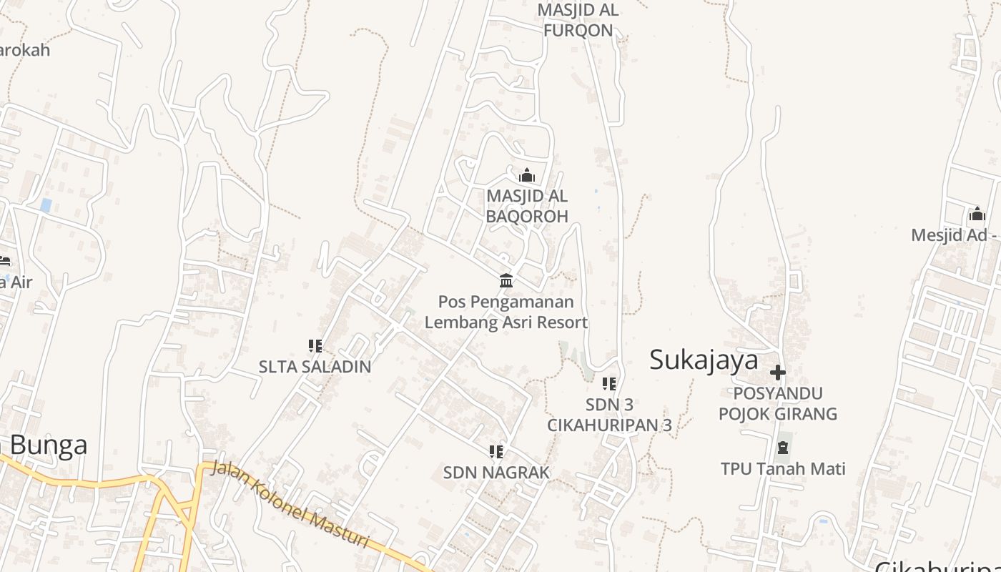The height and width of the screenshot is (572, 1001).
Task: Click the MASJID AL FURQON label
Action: click(578, 20)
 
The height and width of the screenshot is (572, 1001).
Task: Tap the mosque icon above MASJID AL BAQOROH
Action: click(527, 175)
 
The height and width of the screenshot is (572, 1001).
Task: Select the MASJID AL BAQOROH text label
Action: click(527, 206)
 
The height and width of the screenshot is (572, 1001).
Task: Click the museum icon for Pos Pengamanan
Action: click(506, 280)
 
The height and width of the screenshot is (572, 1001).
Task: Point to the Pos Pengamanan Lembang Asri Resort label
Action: click(506, 312)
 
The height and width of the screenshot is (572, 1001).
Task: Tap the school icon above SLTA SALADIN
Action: click(315, 346)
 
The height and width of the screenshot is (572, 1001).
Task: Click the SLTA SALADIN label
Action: click(315, 367)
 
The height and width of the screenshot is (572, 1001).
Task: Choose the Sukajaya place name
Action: click(704, 360)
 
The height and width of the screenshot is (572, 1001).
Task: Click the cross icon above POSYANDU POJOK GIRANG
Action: click(778, 373)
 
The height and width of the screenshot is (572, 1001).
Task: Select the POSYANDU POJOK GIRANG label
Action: click(778, 403)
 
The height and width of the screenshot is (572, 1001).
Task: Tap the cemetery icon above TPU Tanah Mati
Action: click(783, 448)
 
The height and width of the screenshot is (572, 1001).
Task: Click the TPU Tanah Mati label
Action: click(783, 469)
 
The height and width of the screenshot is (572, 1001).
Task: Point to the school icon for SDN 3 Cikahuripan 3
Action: click(609, 384)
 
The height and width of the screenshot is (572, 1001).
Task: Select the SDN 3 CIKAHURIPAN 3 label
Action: click(609, 415)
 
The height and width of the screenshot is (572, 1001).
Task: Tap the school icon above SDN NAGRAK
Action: click(496, 451)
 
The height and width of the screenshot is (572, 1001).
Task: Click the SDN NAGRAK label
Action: click(496, 472)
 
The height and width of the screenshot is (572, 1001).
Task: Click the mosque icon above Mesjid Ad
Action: click(977, 214)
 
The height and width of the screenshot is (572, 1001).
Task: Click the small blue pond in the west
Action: click(46, 205)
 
